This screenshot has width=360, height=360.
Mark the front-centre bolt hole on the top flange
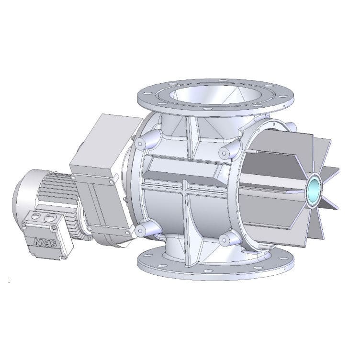click(x=206, y=110)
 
